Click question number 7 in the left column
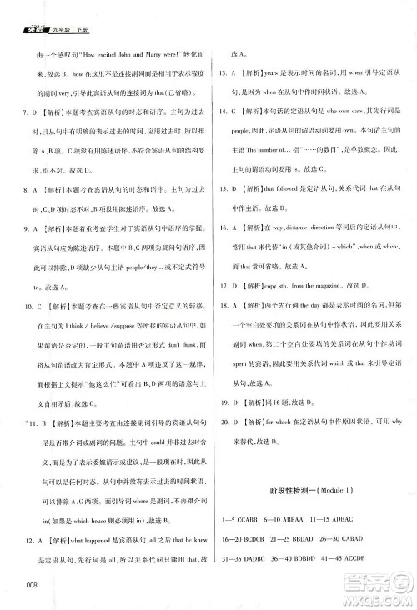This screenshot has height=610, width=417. tap(27, 110)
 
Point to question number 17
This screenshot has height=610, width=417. tap(223, 286)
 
